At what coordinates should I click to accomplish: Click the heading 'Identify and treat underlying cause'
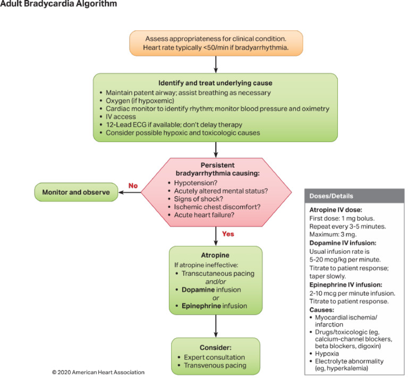pos(215,83)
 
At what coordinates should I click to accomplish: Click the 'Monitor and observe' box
pos(76,192)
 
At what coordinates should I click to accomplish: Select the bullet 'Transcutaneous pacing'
pos(220,274)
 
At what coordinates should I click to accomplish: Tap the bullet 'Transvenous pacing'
pos(215,365)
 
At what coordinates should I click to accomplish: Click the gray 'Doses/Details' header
pos(330,196)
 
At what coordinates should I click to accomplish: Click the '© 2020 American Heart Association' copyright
pos(98,372)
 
